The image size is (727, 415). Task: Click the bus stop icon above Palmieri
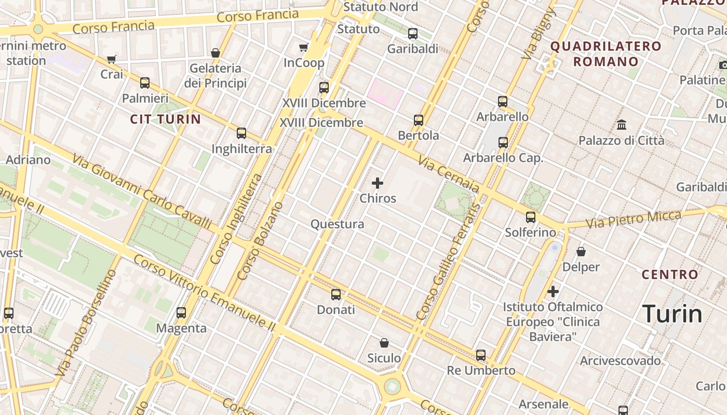pos(145,83)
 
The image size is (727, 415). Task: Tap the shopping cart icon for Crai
pos(111,59)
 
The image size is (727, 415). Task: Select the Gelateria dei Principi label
pos(215,76)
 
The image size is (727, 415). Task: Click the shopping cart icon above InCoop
pos(304,48)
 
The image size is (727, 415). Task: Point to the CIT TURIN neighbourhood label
pos(165,119)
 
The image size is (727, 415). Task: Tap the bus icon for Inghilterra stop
pos(241,133)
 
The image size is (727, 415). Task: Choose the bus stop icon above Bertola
pos(419,120)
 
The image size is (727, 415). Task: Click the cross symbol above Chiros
pos(378,183)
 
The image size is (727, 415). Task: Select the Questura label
pos(337,224)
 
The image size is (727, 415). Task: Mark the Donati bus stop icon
pos(336,295)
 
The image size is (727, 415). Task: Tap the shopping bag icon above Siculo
pos(384,343)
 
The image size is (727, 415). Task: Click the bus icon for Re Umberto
pos(481,355)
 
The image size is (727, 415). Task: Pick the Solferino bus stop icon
pos(530,217)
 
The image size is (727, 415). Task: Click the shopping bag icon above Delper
pos(581,252)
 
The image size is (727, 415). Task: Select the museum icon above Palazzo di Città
pos(621,125)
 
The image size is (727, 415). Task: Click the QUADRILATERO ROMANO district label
pos(605,54)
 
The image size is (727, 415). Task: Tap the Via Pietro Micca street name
pos(634,219)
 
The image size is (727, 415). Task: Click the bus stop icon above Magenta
pos(181,313)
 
